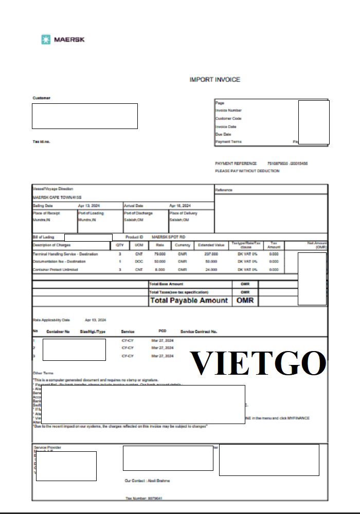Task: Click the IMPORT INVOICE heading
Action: coord(214,80)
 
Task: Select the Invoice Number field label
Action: coord(228,111)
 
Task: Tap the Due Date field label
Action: coord(223,134)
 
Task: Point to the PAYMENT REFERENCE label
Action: coord(236,163)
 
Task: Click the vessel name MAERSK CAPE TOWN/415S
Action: coord(57,197)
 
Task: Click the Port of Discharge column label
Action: coord(138,213)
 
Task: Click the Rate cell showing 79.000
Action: coord(160,254)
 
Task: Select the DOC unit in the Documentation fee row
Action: coord(139,262)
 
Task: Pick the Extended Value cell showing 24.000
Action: coord(211,269)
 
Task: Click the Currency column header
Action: coord(183,245)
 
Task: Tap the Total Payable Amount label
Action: coord(189,301)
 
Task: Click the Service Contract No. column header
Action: coord(199,332)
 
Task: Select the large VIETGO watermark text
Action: coord(259,363)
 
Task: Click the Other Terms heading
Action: coord(43,373)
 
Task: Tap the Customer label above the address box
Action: coord(42,98)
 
